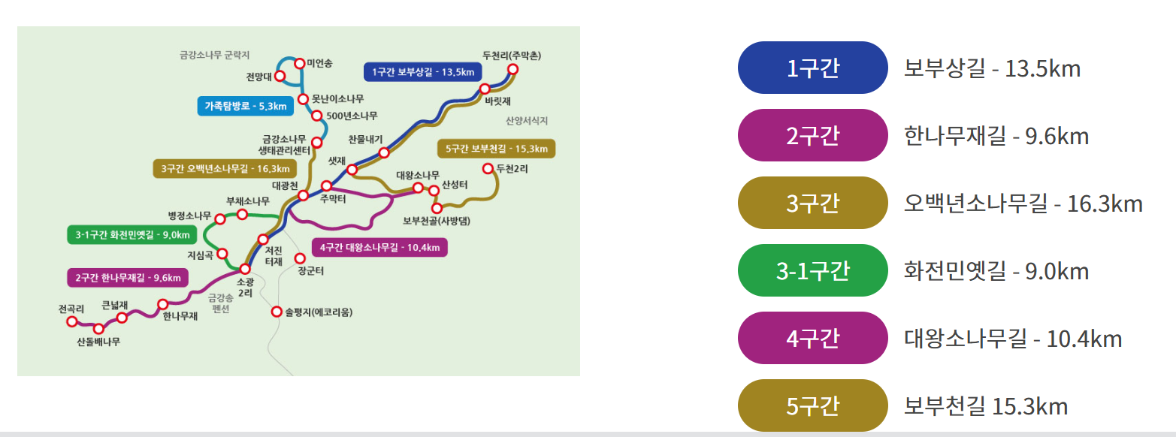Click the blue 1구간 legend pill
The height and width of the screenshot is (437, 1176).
pyautogui.click(x=813, y=68)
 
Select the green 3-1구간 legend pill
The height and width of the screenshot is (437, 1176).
pyautogui.click(x=813, y=271)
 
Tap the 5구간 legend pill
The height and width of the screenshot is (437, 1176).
pyautogui.click(x=813, y=406)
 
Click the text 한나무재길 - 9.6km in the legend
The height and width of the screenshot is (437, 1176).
pyautogui.click(x=996, y=137)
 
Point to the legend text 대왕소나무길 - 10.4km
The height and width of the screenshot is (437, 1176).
pyautogui.click(x=1013, y=339)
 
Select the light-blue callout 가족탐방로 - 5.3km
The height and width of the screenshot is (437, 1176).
pyautogui.click(x=245, y=107)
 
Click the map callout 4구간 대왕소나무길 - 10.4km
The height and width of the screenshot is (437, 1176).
pyautogui.click(x=379, y=247)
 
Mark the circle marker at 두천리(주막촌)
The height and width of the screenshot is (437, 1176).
pyautogui.click(x=513, y=70)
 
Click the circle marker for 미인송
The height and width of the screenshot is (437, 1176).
pyautogui.click(x=299, y=64)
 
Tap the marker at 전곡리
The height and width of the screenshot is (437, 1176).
pyautogui.click(x=72, y=321)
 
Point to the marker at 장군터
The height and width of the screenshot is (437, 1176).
pyautogui.click(x=300, y=258)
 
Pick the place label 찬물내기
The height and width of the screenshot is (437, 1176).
pyautogui.click(x=366, y=139)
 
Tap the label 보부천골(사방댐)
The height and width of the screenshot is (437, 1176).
pyautogui.click(x=441, y=221)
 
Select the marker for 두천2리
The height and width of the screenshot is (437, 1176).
pyautogui.click(x=488, y=168)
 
